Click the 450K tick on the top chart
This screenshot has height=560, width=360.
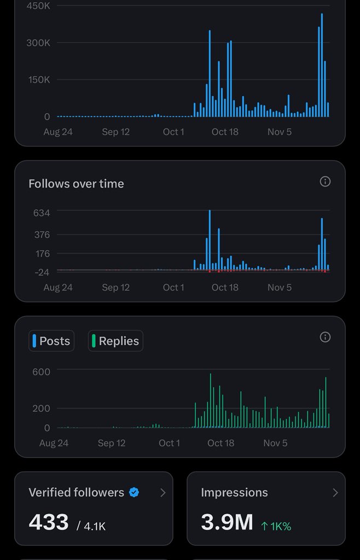38,6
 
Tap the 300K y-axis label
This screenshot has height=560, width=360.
38,43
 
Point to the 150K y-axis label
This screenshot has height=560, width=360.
38,80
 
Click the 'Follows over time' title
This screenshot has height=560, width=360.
76,184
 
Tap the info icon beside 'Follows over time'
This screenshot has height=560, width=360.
325,182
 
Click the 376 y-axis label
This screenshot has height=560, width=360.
42,235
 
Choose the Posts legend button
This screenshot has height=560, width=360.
51,341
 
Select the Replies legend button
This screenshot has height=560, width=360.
115,341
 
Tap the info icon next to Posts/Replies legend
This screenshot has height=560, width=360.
325,337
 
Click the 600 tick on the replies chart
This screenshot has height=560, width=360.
42,372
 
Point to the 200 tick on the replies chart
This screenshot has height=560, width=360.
42,409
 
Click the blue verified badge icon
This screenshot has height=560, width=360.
134,492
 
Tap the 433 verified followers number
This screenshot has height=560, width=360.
49,522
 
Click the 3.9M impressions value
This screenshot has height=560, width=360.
227,522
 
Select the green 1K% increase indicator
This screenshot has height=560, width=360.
276,526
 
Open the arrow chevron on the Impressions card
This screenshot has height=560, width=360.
335,493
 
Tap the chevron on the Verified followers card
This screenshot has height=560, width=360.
162,493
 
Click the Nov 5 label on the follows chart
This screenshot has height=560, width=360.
280,288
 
